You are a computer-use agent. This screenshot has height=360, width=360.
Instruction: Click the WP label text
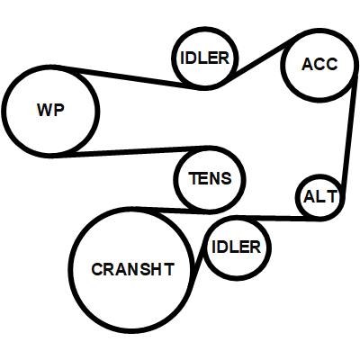(x=50, y=110)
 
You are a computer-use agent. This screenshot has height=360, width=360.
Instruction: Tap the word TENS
(x=211, y=178)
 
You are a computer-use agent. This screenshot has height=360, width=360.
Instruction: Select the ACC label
(x=319, y=64)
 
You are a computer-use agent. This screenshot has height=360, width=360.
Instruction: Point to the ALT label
(x=320, y=197)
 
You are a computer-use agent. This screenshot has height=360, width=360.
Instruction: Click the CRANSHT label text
(x=132, y=269)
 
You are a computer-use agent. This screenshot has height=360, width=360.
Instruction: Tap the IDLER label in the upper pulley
(x=205, y=58)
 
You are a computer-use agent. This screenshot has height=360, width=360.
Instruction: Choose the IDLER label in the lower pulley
(x=237, y=247)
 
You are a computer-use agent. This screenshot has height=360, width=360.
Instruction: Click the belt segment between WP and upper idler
(x=132, y=77)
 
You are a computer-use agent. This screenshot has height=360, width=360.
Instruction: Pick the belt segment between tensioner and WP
(x=132, y=151)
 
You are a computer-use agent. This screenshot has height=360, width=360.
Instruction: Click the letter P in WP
(x=59, y=110)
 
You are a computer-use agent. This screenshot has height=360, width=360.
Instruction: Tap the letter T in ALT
(x=332, y=197)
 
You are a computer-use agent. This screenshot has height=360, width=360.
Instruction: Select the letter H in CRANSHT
(x=156, y=269)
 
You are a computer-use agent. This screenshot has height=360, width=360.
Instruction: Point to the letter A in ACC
(x=307, y=64)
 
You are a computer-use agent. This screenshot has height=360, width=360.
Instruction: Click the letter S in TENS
(x=227, y=178)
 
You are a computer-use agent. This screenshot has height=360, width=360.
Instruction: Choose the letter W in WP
(x=45, y=110)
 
